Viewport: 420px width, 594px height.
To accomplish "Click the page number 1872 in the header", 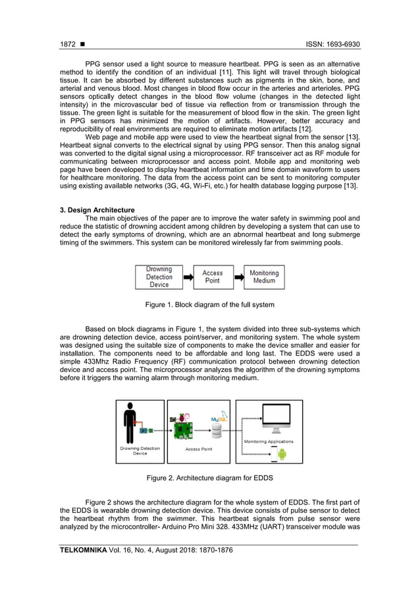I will tap(68, 44).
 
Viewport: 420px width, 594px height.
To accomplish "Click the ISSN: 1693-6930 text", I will tap(333, 44).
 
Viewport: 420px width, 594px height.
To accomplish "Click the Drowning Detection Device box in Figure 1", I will tap(159, 277).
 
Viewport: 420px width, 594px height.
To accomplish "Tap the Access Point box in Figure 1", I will tap(212, 277).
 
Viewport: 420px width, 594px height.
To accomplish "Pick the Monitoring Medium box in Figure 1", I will tap(264, 277).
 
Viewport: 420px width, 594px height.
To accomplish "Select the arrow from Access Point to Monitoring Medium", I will tap(238, 277).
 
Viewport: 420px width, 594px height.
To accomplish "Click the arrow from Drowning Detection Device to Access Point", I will tap(188, 277).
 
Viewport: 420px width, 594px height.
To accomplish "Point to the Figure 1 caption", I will tap(209, 305).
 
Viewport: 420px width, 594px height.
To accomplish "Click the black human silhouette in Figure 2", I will tap(132, 421).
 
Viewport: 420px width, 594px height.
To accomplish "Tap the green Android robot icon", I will tap(282, 454).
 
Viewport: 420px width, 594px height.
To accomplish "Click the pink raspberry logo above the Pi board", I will tap(176, 419).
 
